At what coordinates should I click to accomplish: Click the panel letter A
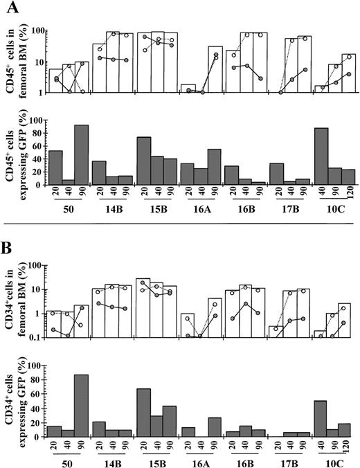(10, 9)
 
